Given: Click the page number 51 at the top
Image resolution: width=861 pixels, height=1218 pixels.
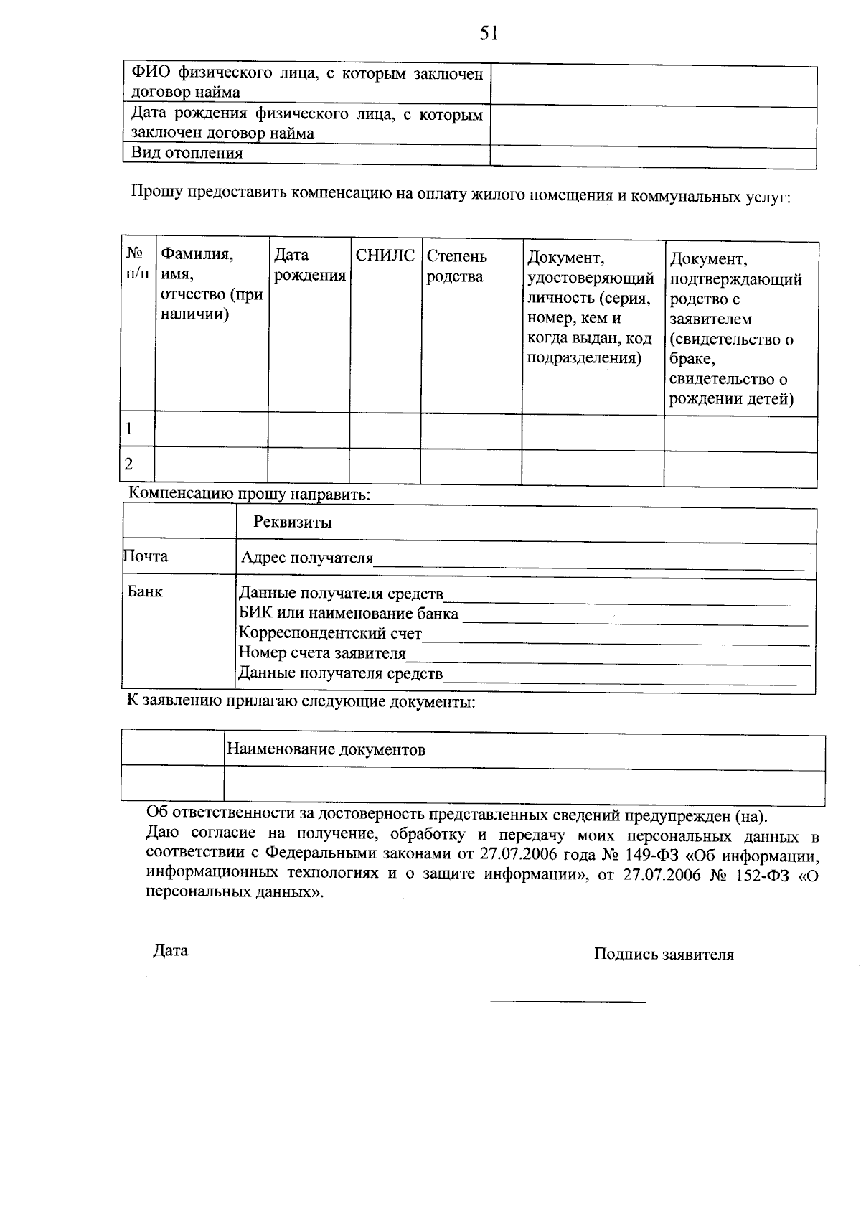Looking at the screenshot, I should [x=489, y=34].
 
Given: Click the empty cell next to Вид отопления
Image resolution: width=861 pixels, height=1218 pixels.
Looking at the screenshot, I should [x=653, y=154].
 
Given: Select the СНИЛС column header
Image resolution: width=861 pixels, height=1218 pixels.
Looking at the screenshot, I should [x=385, y=256].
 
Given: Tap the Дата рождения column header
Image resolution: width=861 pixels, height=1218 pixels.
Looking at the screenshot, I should [x=309, y=266].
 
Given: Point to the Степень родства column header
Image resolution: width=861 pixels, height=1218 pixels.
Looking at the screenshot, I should [x=457, y=266].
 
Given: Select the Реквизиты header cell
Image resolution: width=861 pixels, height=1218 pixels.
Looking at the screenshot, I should [x=293, y=522].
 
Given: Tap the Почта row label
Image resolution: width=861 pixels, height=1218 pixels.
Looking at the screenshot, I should [x=146, y=556].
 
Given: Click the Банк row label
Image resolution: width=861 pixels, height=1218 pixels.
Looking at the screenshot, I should [x=146, y=591].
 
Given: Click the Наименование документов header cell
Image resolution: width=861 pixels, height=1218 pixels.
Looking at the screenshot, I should [x=326, y=750].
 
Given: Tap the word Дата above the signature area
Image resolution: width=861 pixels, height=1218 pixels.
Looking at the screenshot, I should [x=171, y=951].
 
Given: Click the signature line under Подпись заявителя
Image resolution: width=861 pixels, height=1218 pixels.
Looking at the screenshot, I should [x=568, y=1001].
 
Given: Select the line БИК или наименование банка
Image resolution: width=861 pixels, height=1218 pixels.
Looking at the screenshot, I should [x=348, y=614].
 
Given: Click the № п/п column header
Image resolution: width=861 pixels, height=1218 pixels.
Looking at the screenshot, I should [x=137, y=265].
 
